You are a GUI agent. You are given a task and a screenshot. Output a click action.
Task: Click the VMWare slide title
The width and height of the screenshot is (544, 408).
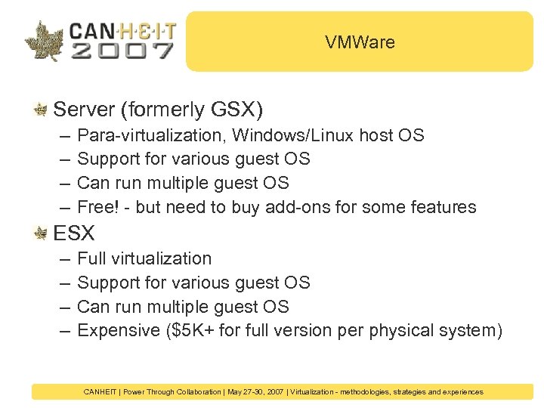pyautogui.click(x=360, y=42)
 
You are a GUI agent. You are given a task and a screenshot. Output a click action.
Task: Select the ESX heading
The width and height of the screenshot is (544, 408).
pyautogui.click(x=74, y=233)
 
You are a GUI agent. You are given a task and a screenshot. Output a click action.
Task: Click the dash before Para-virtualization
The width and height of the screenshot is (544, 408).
pyautogui.click(x=60, y=137)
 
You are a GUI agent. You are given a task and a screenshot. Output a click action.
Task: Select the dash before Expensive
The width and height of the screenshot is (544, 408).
pyautogui.click(x=60, y=332)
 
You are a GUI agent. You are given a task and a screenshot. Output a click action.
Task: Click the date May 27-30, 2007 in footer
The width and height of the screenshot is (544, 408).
pyautogui.click(x=257, y=392)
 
